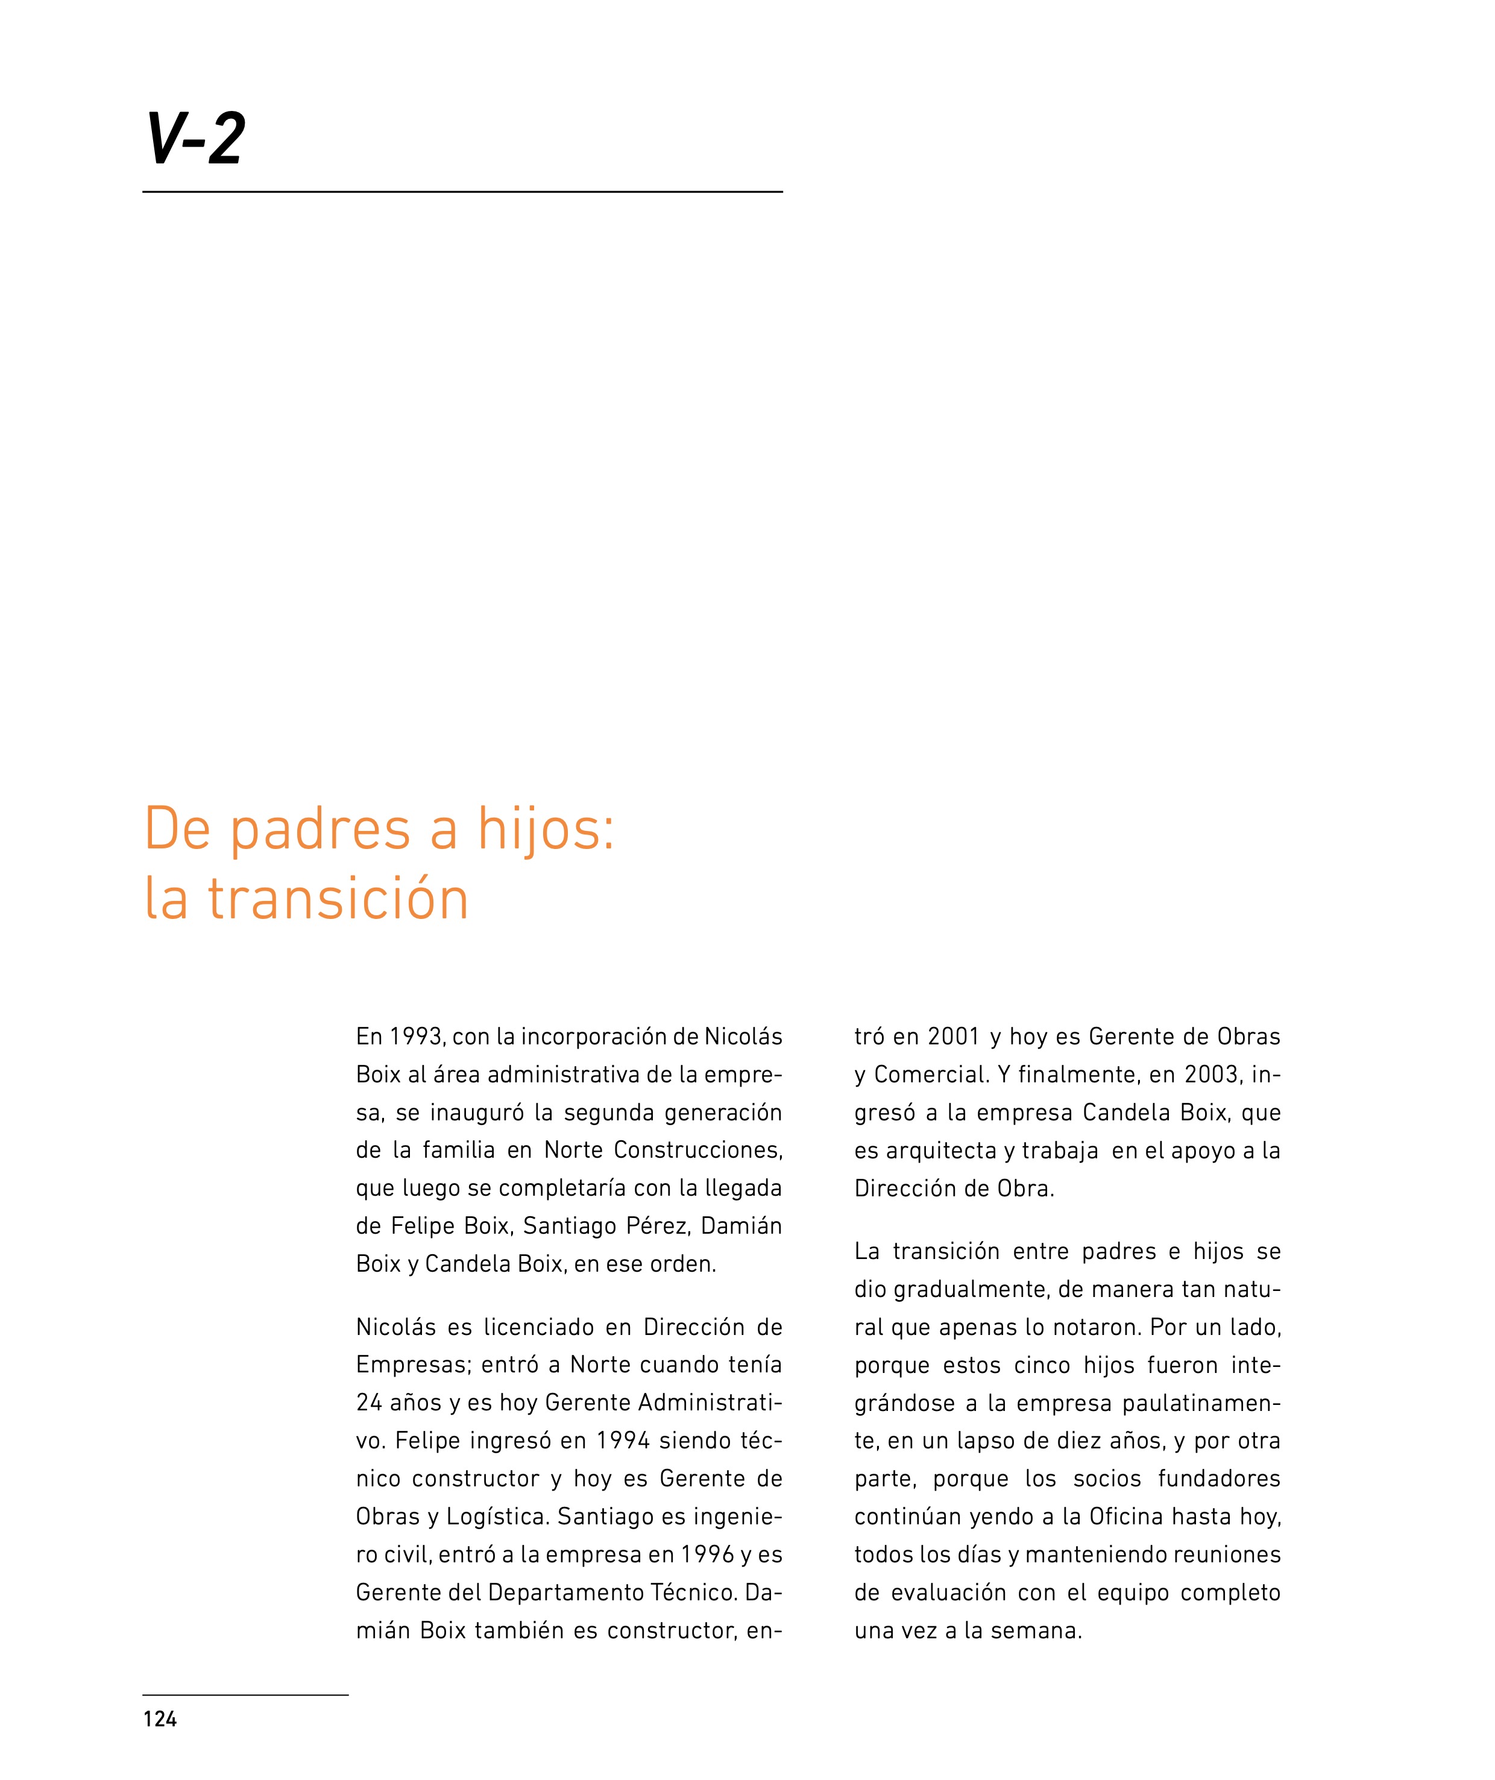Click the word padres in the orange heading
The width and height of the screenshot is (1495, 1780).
320,831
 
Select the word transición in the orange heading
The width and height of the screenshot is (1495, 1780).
338,899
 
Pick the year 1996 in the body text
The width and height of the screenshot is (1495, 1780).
708,1554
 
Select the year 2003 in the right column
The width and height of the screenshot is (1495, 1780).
1212,1075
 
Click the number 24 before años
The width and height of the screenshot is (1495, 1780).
370,1403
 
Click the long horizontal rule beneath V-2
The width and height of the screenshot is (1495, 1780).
462,192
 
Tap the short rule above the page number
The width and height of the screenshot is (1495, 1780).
246,1695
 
